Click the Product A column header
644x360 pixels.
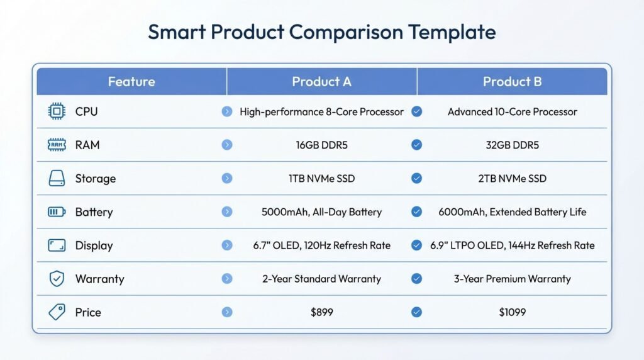click(x=321, y=82)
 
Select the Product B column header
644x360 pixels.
click(x=512, y=82)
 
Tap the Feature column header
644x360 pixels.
click(x=131, y=82)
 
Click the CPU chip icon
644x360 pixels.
click(x=57, y=112)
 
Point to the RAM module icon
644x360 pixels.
click(x=57, y=145)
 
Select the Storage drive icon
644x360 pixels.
click(x=57, y=179)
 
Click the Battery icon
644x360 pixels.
click(x=57, y=212)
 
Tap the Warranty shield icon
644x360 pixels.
click(x=57, y=279)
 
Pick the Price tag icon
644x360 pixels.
click(x=57, y=312)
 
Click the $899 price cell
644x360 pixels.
click(x=321, y=312)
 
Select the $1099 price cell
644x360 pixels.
click(x=512, y=312)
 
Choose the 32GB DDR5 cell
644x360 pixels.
click(x=512, y=145)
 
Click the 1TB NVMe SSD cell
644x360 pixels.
click(x=321, y=179)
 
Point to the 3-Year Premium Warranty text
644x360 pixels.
click(x=512, y=279)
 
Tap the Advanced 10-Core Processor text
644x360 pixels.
click(x=512, y=112)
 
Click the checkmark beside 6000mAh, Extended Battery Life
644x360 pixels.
click(x=416, y=212)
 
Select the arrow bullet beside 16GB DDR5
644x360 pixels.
click(x=227, y=145)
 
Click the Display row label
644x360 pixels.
click(x=94, y=245)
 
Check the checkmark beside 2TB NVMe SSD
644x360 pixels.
click(x=416, y=179)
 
